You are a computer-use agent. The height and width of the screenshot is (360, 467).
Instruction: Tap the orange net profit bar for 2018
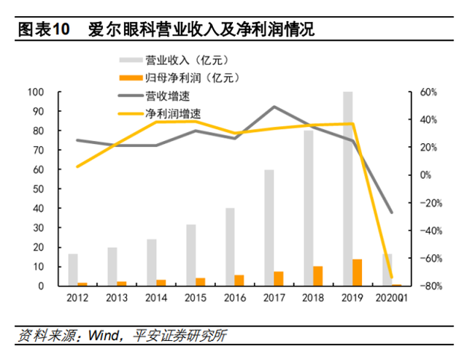[x=317, y=275]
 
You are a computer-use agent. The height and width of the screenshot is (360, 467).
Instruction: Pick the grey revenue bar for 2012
[x=73, y=269]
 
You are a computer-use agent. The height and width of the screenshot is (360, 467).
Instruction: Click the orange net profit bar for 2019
[x=357, y=272]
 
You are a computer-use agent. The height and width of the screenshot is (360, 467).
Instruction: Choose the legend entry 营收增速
[x=161, y=96]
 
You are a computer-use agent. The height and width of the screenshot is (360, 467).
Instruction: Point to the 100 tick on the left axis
[x=35, y=92]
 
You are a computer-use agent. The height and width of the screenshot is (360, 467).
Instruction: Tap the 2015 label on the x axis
[x=196, y=298]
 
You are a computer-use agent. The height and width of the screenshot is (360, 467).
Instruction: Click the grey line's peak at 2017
[x=274, y=107]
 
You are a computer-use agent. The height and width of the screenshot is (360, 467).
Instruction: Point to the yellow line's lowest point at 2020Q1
[x=392, y=256]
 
